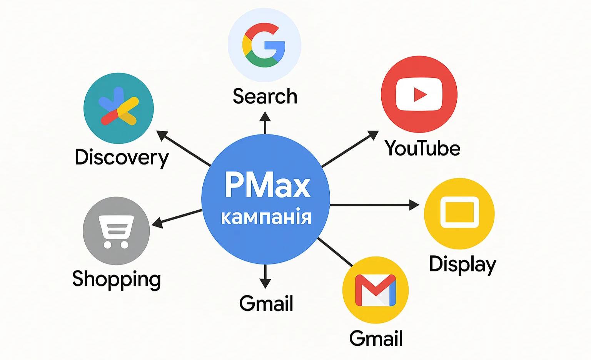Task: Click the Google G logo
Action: point(264,45)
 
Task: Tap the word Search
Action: point(265,96)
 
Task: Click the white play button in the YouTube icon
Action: point(419,94)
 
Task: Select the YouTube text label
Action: point(422,148)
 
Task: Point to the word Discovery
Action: point(122,158)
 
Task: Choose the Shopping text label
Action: point(116,280)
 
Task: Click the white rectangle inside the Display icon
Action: point(459,212)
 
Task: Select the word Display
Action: point(463,265)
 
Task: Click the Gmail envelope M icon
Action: point(376,290)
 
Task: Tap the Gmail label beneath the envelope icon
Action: point(376,338)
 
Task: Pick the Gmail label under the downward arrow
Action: point(266,303)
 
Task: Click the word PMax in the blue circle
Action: point(267,185)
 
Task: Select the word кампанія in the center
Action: point(266,217)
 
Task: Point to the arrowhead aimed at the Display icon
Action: point(414,205)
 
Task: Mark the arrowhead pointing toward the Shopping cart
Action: point(157,223)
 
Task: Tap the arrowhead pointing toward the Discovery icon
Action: point(162,136)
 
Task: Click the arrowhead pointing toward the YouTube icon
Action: point(373,135)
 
